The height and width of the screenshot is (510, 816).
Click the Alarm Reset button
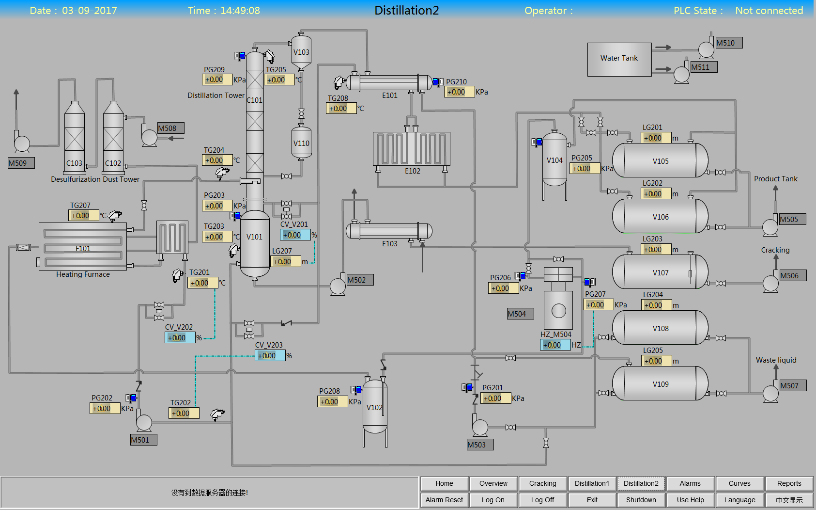coord(444,500)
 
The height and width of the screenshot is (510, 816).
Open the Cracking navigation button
coord(542,483)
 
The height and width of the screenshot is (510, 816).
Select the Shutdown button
coord(641,500)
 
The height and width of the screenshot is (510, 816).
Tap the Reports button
coord(789,483)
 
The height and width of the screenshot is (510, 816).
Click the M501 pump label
coord(144,440)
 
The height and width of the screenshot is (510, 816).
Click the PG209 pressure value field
coord(217,80)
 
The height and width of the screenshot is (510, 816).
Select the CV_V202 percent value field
coord(180,337)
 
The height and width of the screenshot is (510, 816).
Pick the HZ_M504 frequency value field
coord(555,345)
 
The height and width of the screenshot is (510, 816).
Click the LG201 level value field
coord(656,138)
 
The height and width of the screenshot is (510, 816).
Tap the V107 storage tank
coord(660,272)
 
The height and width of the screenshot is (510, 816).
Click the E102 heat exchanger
coord(412,150)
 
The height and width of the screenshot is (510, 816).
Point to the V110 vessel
coord(301,143)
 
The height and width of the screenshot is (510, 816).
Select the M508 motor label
coord(171,128)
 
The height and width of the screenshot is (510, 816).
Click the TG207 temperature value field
coord(83,215)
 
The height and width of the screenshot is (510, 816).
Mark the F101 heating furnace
coord(83,247)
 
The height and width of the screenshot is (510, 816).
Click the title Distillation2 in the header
coord(406,10)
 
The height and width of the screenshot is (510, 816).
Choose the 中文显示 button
coord(789,500)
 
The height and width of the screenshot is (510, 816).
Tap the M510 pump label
coord(729,43)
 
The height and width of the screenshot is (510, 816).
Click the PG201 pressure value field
coord(495,398)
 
